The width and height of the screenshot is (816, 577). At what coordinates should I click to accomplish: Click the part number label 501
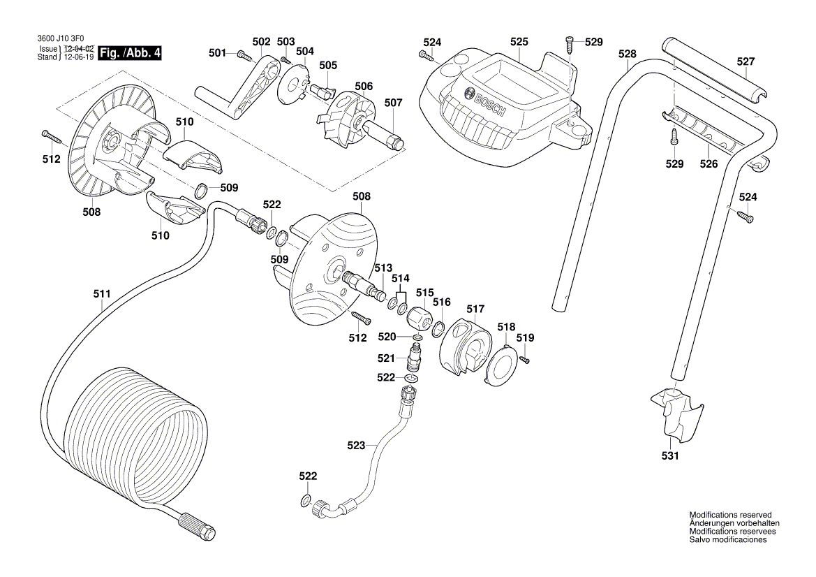coord(217,52)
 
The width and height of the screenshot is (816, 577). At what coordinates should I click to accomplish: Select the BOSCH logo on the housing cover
coord(485,102)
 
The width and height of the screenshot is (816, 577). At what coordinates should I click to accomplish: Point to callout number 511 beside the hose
coord(102,295)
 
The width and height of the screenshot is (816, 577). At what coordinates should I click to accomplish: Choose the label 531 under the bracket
coord(669,456)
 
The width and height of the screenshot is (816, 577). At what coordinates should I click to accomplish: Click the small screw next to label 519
coord(525,359)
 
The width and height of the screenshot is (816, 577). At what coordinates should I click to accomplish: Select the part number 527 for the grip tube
coord(745,61)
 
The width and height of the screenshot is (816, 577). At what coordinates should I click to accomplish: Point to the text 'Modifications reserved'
coord(730,514)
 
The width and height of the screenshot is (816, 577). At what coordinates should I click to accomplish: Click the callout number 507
coord(394,103)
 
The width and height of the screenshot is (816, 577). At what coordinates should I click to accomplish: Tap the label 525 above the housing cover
coord(519,42)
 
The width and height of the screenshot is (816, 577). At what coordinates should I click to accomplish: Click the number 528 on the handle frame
coord(628,53)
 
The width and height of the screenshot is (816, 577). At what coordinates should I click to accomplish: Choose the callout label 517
coord(475,309)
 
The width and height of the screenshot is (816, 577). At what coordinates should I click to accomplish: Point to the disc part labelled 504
coord(292,84)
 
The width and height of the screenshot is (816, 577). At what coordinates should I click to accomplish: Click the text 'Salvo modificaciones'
coord(728,540)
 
